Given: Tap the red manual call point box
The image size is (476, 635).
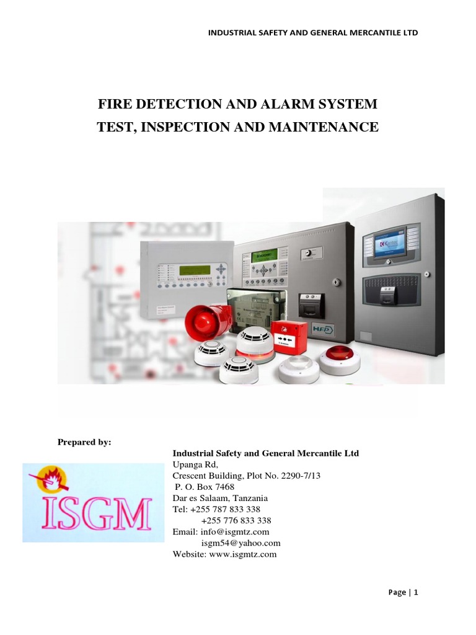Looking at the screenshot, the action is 290,337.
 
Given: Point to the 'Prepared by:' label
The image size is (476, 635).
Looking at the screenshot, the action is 84,442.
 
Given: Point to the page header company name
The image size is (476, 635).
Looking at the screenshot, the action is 312,32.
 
